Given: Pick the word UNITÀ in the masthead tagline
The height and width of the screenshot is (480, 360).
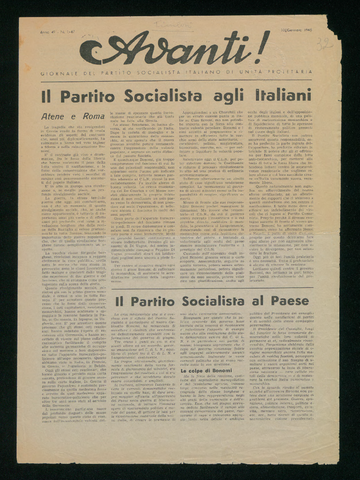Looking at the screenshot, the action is (254, 72).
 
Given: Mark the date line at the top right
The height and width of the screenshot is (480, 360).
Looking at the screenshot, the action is (297, 30).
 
